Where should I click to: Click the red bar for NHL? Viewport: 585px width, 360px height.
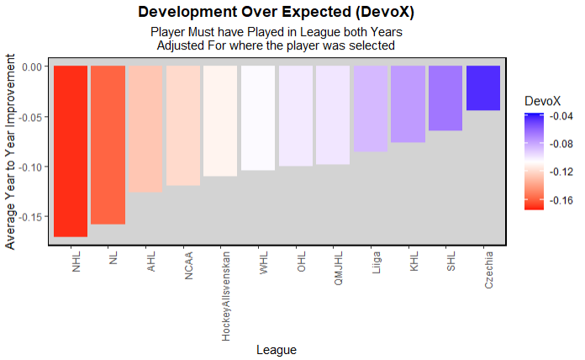pos(71,151)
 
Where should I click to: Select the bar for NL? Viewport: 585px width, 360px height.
pos(108,145)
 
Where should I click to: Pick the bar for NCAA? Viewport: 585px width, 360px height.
pos(182,125)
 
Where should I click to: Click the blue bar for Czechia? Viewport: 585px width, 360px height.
pos(483,87)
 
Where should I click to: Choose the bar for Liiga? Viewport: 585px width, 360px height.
pos(371,109)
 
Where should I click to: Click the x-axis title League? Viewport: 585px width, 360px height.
pos(277,349)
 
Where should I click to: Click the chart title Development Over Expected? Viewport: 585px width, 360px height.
pos(277,13)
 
